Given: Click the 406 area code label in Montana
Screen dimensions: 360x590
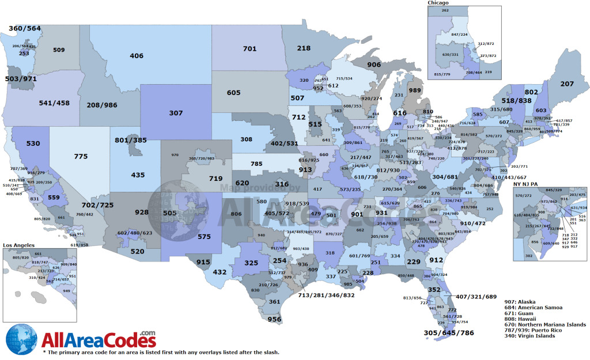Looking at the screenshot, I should pyautogui.click(x=137, y=56).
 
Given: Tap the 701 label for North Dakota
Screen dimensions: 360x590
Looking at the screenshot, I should pyautogui.click(x=249, y=49).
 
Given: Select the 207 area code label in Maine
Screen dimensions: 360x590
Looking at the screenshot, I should pyautogui.click(x=567, y=84).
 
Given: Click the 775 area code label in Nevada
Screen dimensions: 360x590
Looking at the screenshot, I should pyautogui.click(x=81, y=156).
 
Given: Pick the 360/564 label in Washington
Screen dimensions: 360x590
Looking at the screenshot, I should pyautogui.click(x=25, y=28).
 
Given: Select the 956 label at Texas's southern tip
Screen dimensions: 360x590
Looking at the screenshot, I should pyautogui.click(x=274, y=319).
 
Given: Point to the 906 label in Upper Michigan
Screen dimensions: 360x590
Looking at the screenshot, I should pyautogui.click(x=374, y=65).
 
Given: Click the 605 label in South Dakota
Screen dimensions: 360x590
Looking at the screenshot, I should pyautogui.click(x=233, y=93).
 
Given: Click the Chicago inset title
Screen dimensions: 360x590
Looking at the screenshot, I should pyautogui.click(x=438, y=3).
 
